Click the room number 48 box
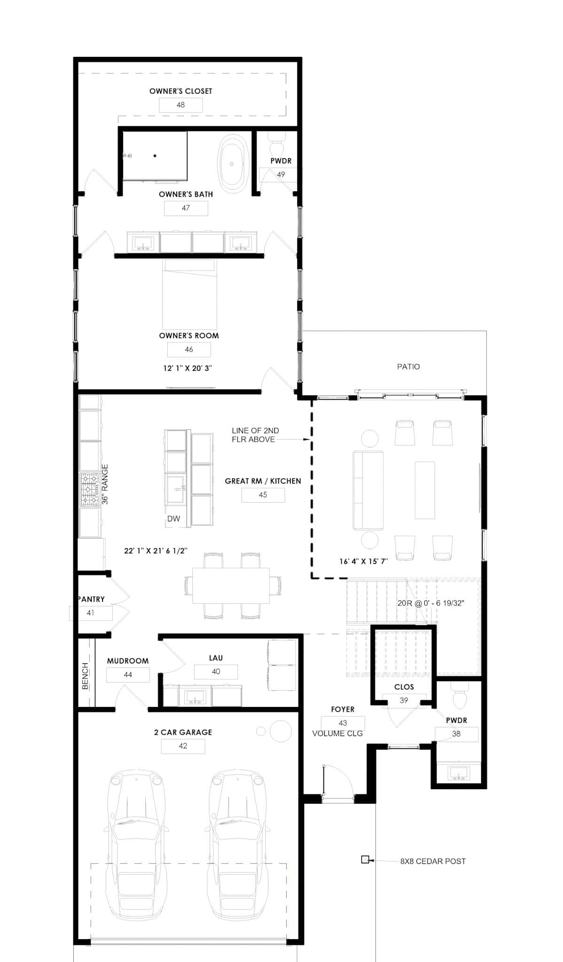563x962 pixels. pos(180,105)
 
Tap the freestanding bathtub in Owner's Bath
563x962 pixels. pos(231,163)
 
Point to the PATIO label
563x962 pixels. pos(408,366)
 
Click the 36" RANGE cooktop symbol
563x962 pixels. pos(89,489)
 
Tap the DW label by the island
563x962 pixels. pos(173,519)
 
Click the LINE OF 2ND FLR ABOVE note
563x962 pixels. pos(255,435)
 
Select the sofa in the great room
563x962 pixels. pos(368,490)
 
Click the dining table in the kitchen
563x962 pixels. pos(231,585)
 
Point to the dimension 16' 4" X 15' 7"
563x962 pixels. pos(363,561)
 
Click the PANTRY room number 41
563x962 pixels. pos(90,613)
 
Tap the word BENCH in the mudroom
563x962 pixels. pos(85,676)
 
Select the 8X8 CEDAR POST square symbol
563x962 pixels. pos(365,860)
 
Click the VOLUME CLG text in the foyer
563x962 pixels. pos(337,733)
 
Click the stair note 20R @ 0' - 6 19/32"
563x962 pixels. pos(430,603)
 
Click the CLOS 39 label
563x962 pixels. pos(404,693)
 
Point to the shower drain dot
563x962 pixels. pos(155,155)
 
